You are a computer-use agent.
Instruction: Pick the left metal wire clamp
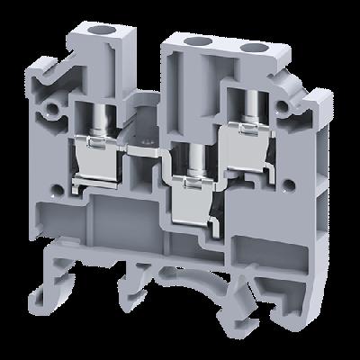click(x=104, y=163)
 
